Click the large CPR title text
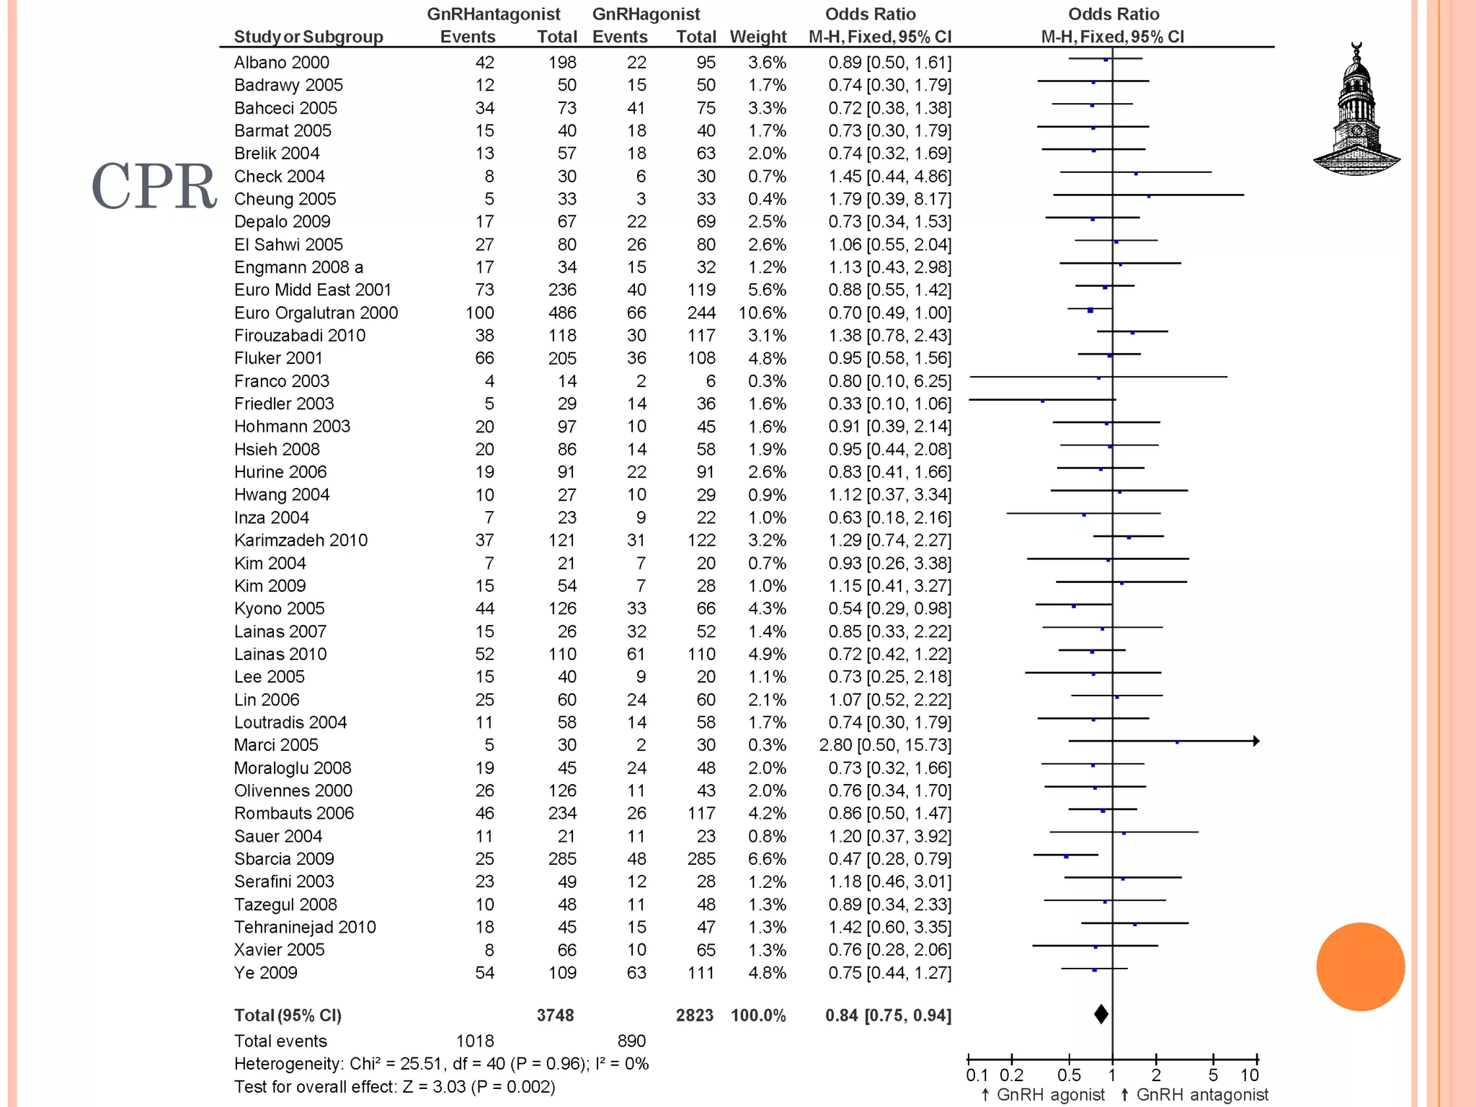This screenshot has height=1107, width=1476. coord(154,186)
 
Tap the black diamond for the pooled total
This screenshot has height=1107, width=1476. coord(1101,1014)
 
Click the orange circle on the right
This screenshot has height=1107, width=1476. coord(1360,966)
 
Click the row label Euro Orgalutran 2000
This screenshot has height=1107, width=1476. coord(316,313)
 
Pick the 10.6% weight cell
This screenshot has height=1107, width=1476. coord(762,313)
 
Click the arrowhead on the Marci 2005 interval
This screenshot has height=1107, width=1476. coord(1256,741)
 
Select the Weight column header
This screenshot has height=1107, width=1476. coord(757,37)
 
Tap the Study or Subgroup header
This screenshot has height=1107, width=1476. coord(308,37)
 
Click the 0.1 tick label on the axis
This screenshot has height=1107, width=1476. coord(977,1075)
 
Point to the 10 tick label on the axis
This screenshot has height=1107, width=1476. coord(1249,1075)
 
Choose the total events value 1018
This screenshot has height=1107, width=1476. coord(475,1041)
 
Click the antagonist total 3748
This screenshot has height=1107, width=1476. coord(555,1015)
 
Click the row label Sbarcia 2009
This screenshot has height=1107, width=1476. coord(284,859)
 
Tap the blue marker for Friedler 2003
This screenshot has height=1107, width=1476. coord(1042,401)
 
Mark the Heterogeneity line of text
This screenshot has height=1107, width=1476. coord(441,1064)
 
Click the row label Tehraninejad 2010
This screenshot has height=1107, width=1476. coord(305,928)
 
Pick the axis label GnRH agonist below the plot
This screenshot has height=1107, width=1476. coord(1050,1095)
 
